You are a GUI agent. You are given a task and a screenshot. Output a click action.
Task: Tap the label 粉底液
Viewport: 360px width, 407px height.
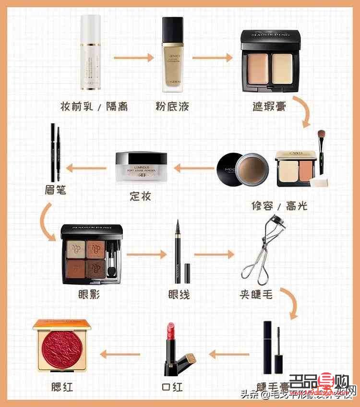(x=172, y=106)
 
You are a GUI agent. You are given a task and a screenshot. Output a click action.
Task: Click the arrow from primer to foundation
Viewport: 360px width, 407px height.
(x=133, y=58)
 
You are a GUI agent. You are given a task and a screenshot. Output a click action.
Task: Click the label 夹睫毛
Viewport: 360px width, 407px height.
(x=257, y=294)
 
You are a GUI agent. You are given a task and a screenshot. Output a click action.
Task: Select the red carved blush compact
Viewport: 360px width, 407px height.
(x=61, y=347)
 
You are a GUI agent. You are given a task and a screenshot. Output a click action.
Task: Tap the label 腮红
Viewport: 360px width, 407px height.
(x=62, y=386)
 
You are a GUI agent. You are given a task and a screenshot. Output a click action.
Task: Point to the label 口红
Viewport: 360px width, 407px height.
(x=172, y=387)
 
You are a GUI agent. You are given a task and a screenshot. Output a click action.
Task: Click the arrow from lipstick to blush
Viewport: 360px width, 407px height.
(x=120, y=355)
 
